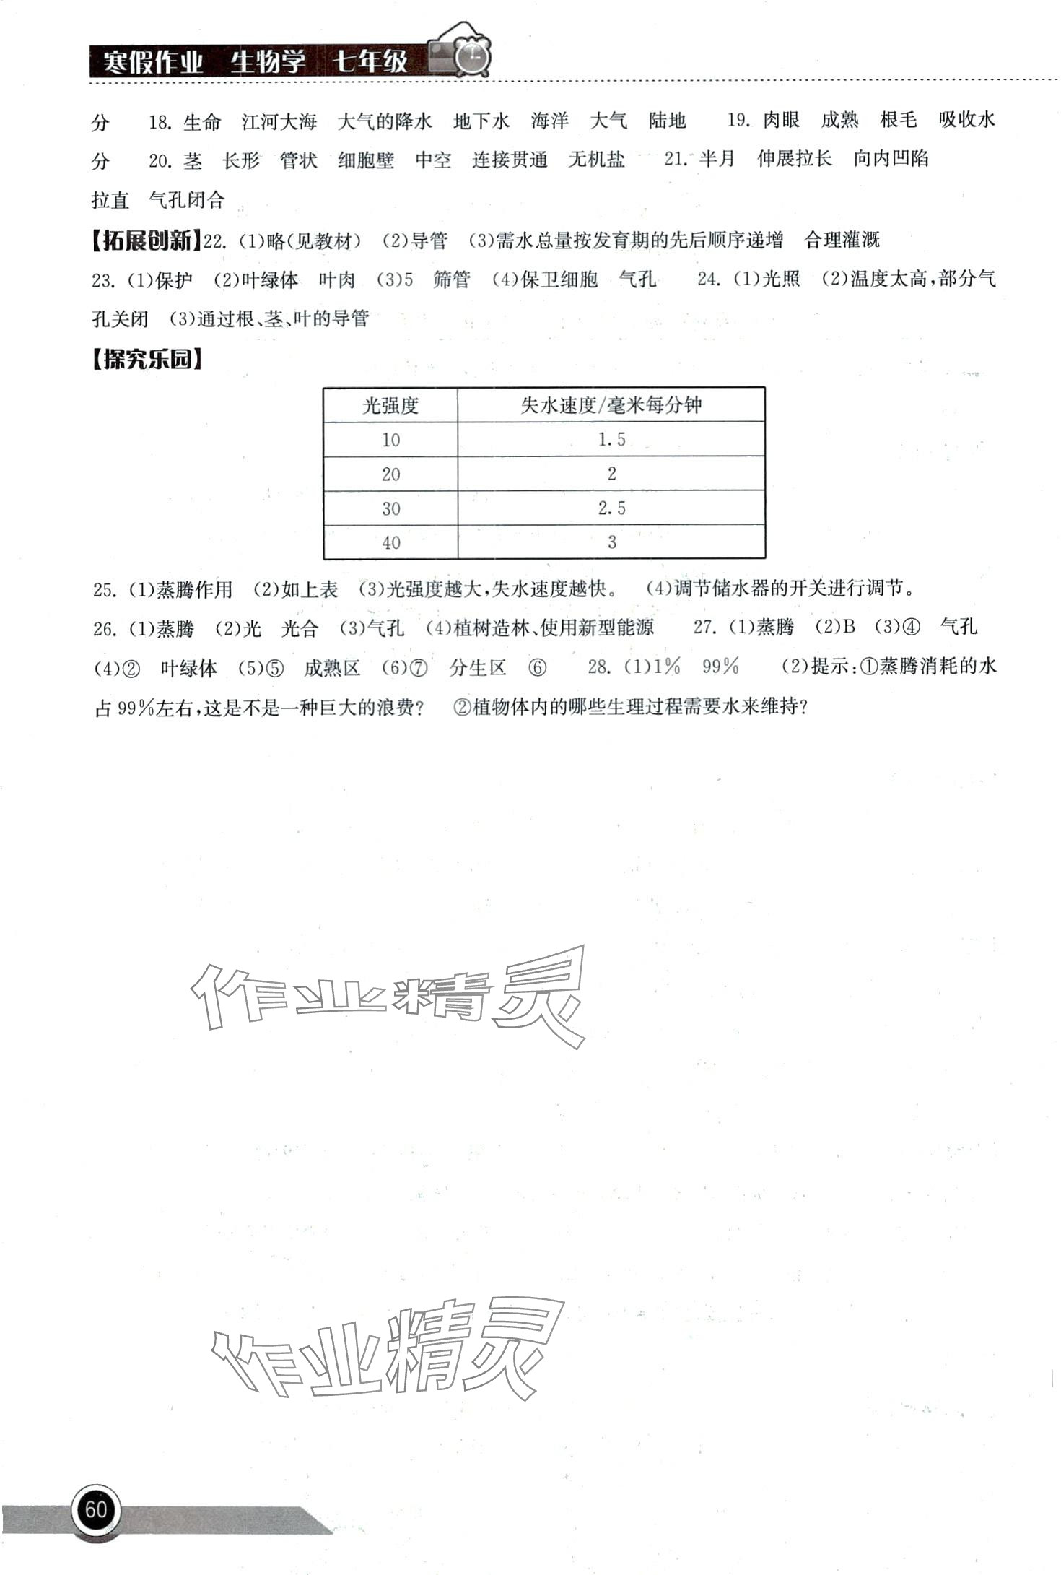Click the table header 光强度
(x=390, y=405)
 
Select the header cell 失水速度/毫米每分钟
(x=611, y=405)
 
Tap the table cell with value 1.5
(x=611, y=439)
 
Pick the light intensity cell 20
(x=390, y=474)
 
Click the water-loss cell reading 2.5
(x=611, y=508)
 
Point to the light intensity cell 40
(x=390, y=543)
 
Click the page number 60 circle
(x=96, y=1509)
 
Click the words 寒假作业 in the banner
(x=152, y=62)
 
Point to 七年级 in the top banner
(x=370, y=62)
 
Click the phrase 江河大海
(x=279, y=122)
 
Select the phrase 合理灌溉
(x=842, y=240)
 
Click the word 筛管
(x=451, y=279)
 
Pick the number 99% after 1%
(x=720, y=667)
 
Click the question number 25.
(x=104, y=590)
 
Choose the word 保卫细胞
(x=559, y=279)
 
